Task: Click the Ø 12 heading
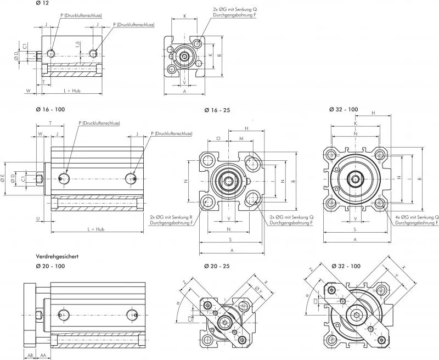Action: tap(42, 5)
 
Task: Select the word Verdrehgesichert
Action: tap(58, 256)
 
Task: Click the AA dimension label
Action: tap(43, 355)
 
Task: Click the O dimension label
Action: tap(218, 139)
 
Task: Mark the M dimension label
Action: tap(241, 139)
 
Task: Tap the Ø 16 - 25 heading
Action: tap(217, 110)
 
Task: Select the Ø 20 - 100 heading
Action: tap(50, 266)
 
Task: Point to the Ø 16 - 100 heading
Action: tap(50, 109)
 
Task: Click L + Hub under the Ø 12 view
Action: tap(72, 89)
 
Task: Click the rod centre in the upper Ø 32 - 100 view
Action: tap(356, 178)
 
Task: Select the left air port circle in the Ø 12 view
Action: tap(51, 53)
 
